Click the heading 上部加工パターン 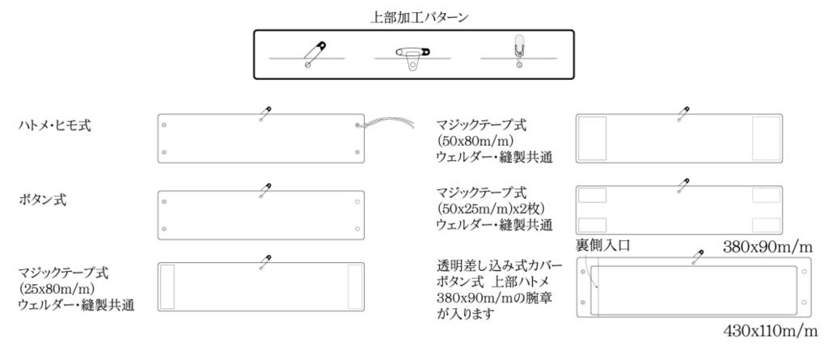tap(420, 17)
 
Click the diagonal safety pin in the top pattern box tap(316, 54)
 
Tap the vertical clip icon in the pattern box tap(519, 51)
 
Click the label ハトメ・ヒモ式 tap(54, 126)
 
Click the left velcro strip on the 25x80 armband tap(167, 286)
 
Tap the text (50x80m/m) tap(475, 142)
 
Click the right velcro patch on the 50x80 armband tap(767, 138)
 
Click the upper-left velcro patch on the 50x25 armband tap(592, 195)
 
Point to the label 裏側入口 tap(602, 245)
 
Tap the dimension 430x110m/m tap(771, 331)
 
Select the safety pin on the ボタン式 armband tap(265, 190)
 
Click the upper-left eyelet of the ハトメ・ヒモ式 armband tap(164, 125)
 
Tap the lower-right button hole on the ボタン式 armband tap(357, 229)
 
